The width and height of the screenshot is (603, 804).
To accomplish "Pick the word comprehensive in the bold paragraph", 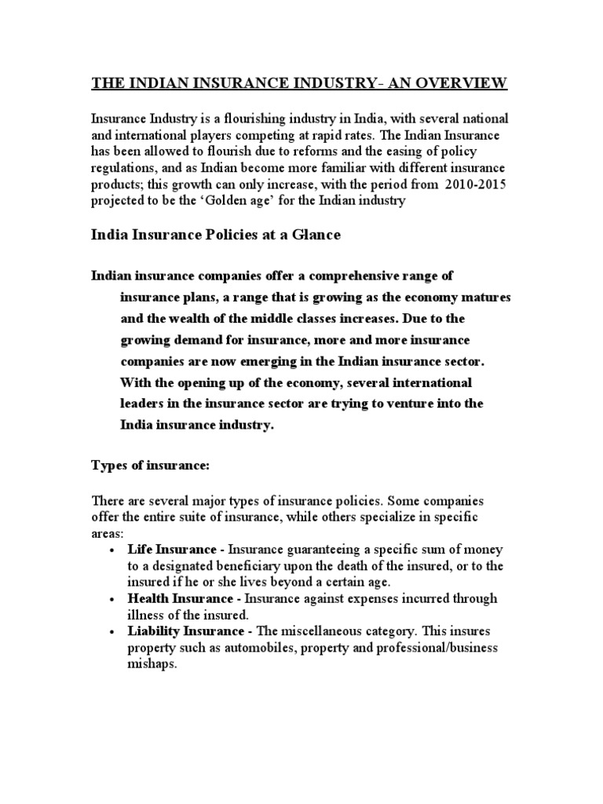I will click(349, 276).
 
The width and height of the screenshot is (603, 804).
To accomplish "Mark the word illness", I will click(145, 615).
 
